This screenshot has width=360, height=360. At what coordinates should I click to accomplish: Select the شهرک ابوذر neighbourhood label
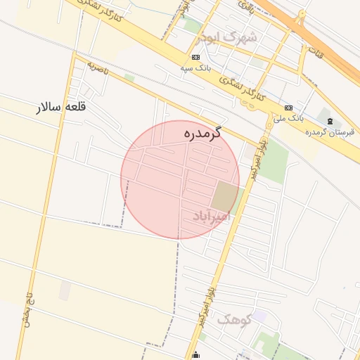pyautogui.click(x=228, y=36)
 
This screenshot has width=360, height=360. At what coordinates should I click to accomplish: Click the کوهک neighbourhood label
pyautogui.click(x=233, y=319)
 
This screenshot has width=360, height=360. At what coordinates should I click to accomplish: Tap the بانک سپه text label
pyautogui.click(x=195, y=68)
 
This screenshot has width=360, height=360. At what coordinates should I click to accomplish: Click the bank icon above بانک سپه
pyautogui.click(x=195, y=57)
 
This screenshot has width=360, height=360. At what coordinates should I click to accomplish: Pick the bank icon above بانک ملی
pyautogui.click(x=288, y=107)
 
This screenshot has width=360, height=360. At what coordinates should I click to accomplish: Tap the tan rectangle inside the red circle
pyautogui.click(x=225, y=195)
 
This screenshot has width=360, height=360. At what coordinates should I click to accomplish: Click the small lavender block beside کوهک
pyautogui.click(x=259, y=316)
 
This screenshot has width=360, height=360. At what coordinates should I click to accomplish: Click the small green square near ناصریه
pyautogui.click(x=129, y=77)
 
